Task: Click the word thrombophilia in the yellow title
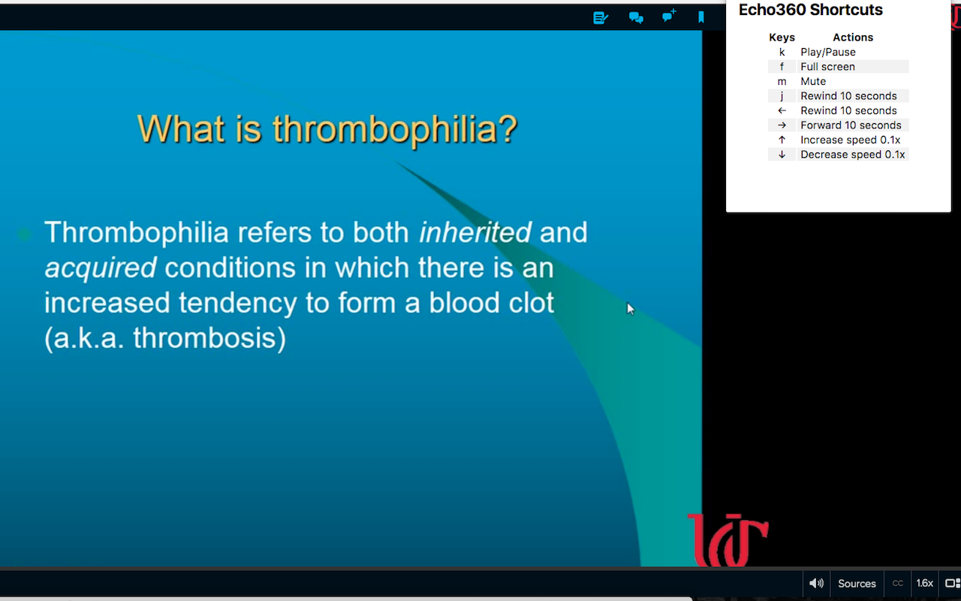[396, 130]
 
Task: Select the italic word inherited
[475, 232]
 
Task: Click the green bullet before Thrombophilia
[24, 234]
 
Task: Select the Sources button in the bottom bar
[857, 584]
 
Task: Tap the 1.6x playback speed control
[924, 583]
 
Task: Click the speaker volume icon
[816, 583]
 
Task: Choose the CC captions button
[897, 583]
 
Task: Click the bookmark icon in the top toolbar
[701, 17]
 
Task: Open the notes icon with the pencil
[601, 18]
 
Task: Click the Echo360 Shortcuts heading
[810, 10]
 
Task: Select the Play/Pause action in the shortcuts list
[828, 52]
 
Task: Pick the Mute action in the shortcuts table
[813, 81]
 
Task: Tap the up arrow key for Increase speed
[782, 140]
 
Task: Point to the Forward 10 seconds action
[851, 125]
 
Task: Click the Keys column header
[782, 38]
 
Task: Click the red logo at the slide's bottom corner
[728, 540]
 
